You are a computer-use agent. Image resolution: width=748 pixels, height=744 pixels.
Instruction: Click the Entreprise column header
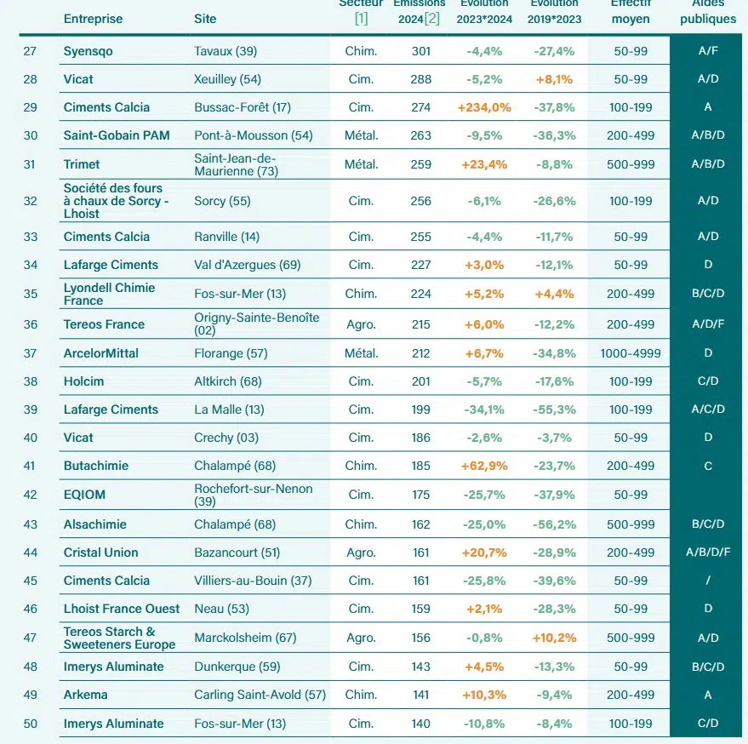point(93,19)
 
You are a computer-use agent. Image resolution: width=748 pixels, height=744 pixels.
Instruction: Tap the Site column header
point(205,19)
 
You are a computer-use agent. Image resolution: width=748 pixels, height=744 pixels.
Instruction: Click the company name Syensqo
point(88,51)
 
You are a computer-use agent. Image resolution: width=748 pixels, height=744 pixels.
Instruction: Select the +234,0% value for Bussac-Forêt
point(483,107)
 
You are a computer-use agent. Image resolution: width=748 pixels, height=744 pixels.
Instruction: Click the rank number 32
point(30,201)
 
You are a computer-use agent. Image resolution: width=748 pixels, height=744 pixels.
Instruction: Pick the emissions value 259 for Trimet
point(420,164)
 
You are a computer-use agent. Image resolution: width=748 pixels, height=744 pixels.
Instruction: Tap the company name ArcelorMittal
point(100,353)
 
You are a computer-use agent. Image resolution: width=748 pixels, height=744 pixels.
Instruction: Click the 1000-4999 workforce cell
point(631,353)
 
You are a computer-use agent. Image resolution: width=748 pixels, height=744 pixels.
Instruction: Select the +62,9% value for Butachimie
point(483,466)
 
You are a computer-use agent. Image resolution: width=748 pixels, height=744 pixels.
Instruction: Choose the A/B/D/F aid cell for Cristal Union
point(708,552)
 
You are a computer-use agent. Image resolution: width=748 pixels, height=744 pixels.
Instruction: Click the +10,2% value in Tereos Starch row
point(554,638)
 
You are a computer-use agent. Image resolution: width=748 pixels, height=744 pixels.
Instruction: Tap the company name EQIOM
point(85,495)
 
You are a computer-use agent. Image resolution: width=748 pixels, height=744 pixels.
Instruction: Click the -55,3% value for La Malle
point(554,409)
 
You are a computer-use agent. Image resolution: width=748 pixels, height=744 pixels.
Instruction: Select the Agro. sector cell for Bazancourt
point(361,552)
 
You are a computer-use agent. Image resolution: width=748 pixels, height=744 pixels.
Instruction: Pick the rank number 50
point(30,724)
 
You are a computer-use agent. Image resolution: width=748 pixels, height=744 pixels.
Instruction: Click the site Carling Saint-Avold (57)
point(260,695)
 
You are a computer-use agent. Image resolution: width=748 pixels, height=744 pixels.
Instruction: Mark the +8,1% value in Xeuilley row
point(554,79)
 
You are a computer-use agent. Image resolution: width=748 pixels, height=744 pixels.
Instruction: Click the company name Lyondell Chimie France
point(109,294)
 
